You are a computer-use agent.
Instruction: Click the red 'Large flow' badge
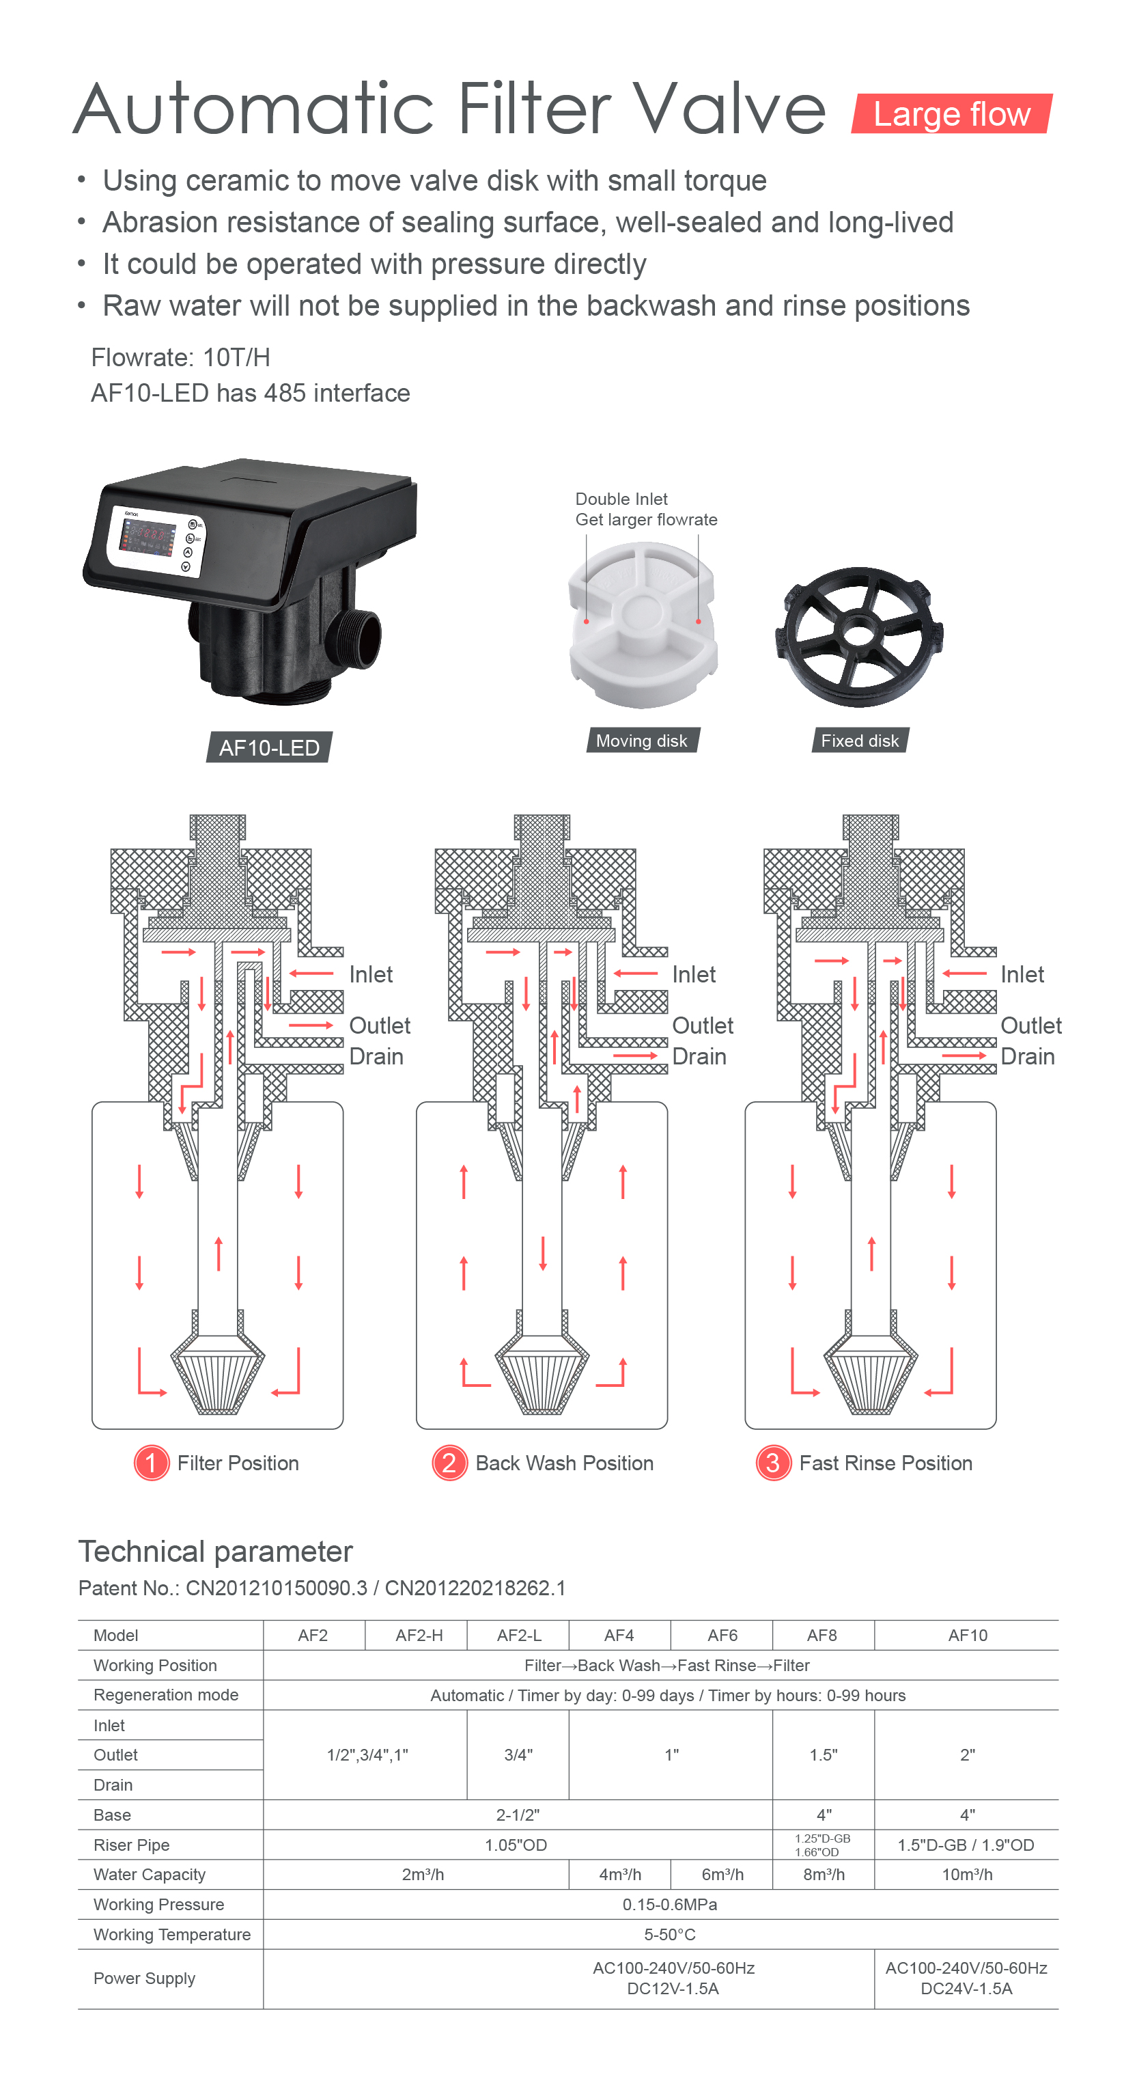pos(951,114)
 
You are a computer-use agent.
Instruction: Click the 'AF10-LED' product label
pos(270,747)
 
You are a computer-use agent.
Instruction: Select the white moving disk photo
pos(643,624)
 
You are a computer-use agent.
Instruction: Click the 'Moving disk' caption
pos(642,740)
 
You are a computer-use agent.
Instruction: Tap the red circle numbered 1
pos(151,1462)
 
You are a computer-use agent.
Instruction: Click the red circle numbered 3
pos(773,1462)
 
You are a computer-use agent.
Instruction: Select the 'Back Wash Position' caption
pos(565,1463)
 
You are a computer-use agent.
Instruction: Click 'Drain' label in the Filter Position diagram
pos(376,1057)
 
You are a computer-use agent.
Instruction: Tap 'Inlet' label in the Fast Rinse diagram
pos(1022,974)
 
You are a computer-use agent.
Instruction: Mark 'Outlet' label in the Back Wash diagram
pos(703,1025)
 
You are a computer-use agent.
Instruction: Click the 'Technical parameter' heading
pos(216,1551)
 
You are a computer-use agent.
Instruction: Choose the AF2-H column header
pos(419,1635)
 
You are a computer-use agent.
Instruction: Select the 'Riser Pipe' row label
pos(132,1845)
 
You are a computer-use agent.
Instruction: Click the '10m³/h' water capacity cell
pos(966,1874)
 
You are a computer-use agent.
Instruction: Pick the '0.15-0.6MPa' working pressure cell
pos(669,1904)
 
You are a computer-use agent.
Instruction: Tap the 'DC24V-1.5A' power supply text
pos(966,1988)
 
